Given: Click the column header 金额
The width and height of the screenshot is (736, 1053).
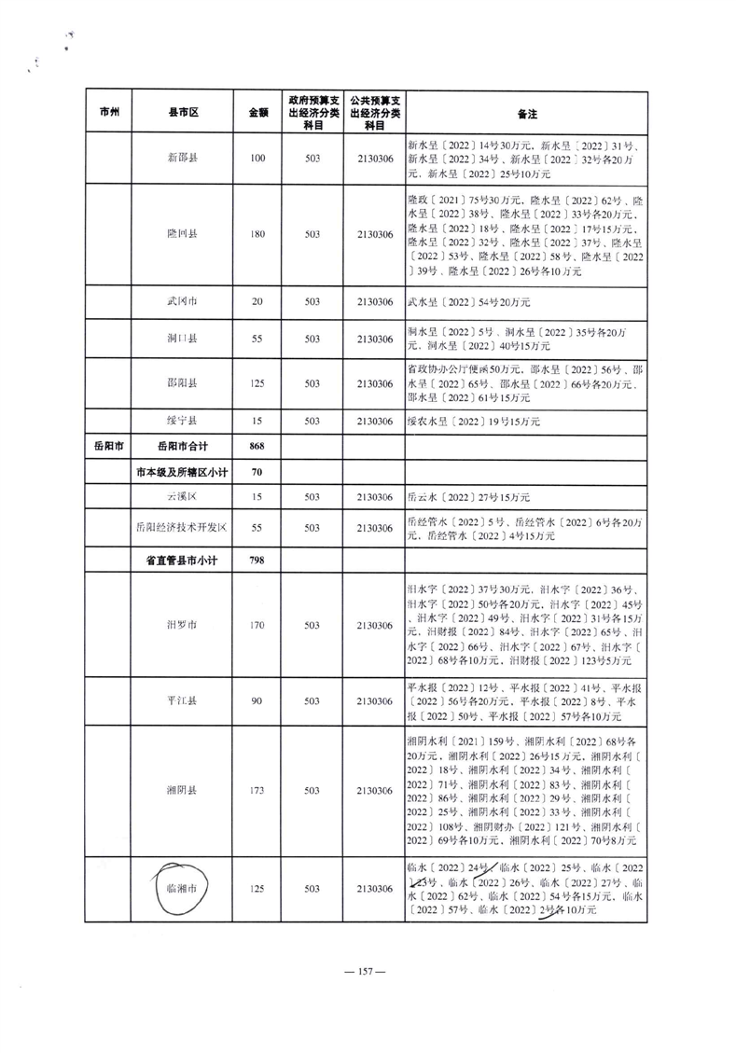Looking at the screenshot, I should (258, 113).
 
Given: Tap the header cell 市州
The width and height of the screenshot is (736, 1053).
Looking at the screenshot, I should (108, 113).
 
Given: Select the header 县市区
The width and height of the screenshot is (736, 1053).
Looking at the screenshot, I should (182, 113).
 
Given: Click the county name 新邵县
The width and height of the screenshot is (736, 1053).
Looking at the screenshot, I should (182, 159).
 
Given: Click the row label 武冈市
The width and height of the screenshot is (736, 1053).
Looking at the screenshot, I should (182, 301).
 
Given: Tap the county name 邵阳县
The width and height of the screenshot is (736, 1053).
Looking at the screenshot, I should (182, 383).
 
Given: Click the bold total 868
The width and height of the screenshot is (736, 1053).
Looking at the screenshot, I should (258, 447).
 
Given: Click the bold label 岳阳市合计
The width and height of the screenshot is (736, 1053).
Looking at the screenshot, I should (182, 447).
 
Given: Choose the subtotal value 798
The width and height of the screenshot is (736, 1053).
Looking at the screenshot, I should (258, 561).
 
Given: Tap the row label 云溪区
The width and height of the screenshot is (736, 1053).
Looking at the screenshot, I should (182, 497).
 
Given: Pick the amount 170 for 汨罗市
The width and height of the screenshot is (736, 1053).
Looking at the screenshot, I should (258, 625).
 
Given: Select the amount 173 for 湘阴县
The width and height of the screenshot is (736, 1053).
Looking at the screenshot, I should (258, 790).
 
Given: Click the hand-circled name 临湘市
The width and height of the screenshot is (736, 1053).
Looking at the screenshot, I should (182, 889).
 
